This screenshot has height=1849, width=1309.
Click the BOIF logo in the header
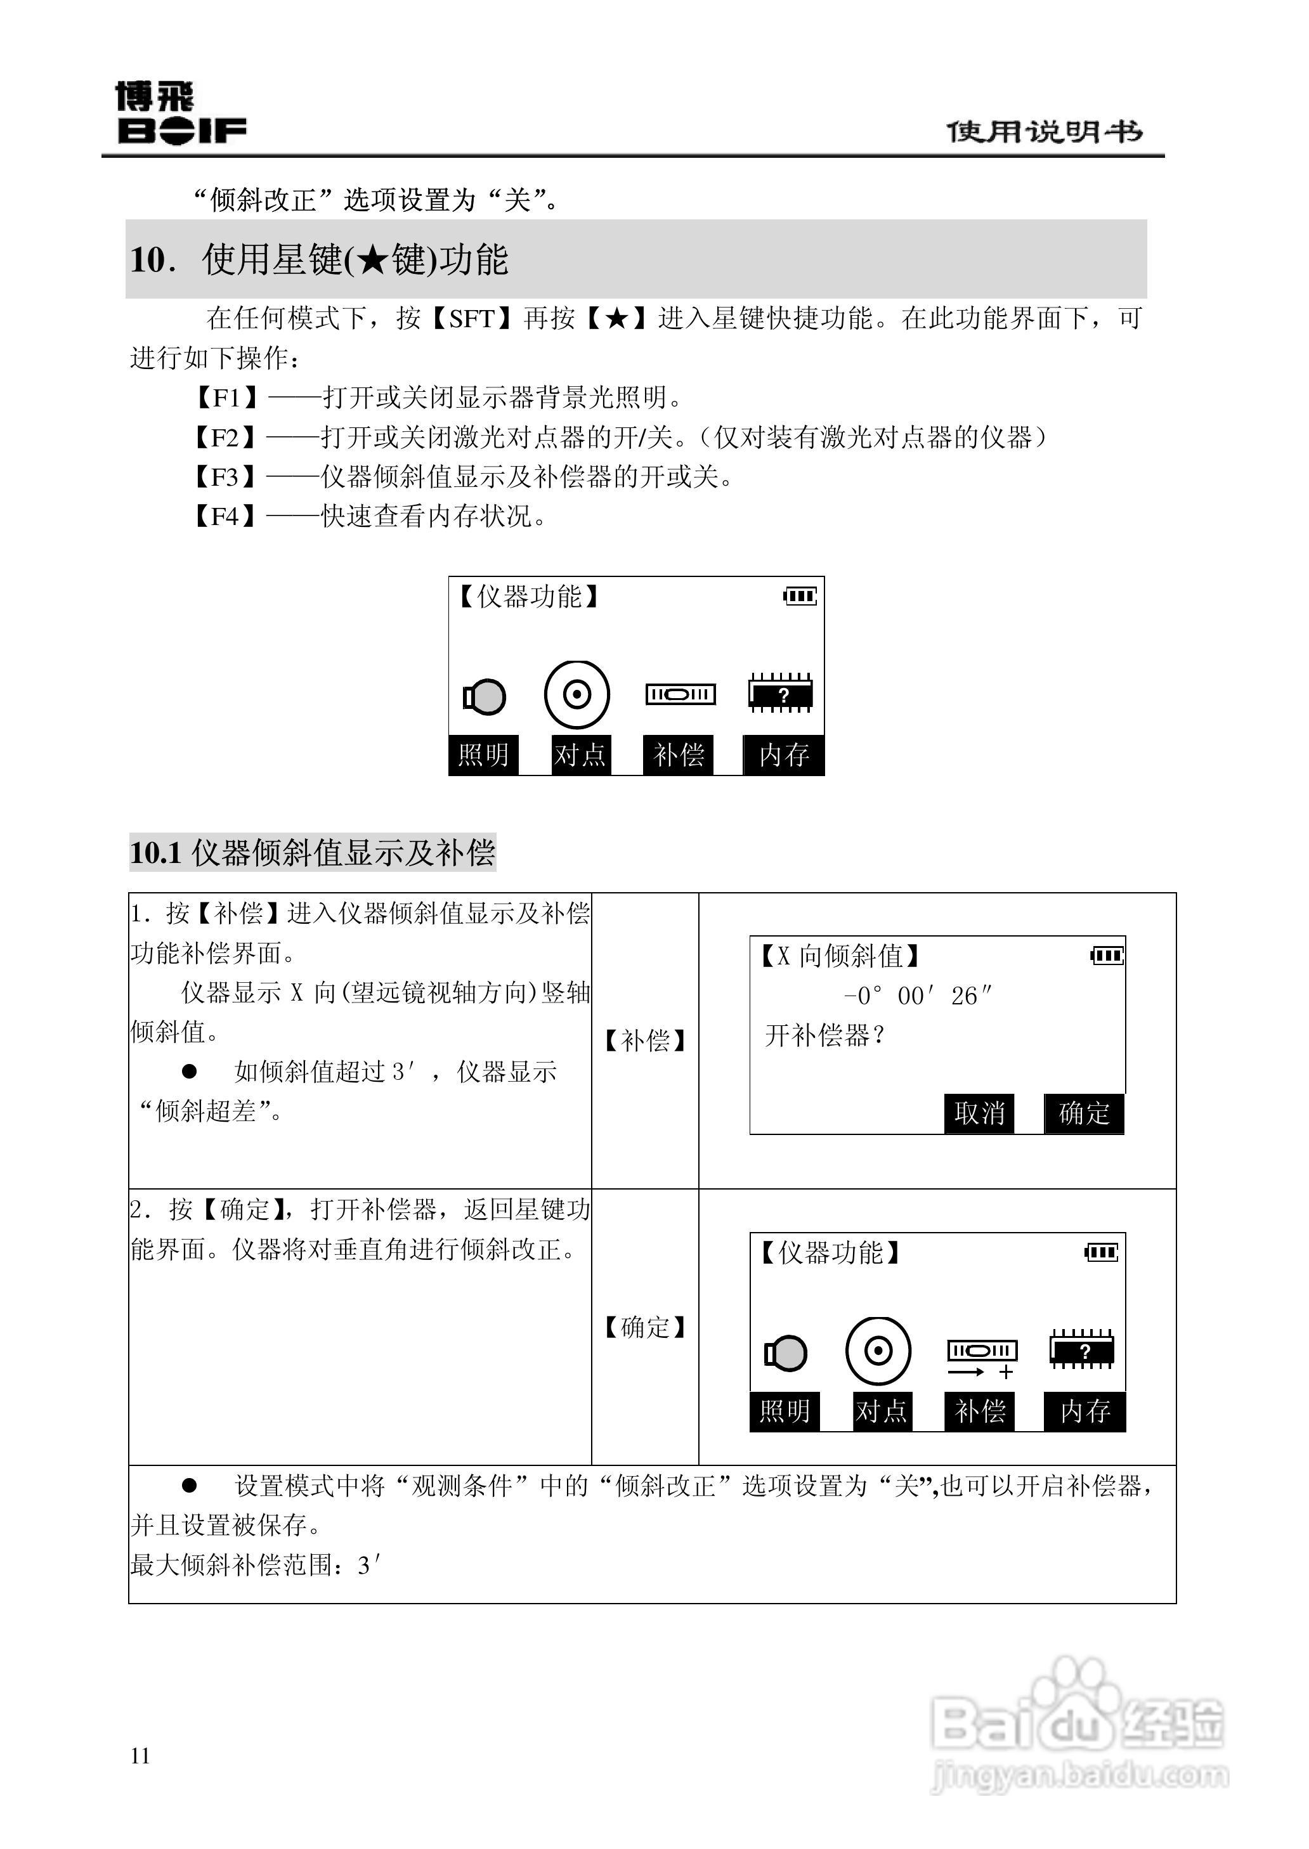pyautogui.click(x=181, y=114)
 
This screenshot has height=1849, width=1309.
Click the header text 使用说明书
pyautogui.click(x=1044, y=131)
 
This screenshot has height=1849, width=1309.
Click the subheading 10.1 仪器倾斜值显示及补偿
pyautogui.click(x=312, y=852)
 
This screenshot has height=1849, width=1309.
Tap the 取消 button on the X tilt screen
pyautogui.click(x=979, y=1113)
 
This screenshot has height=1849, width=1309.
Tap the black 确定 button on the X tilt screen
pyautogui.click(x=1084, y=1113)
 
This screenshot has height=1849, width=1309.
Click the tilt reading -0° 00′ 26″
pyautogui.click(x=917, y=997)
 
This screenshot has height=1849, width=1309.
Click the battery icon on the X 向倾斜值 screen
pyautogui.click(x=1107, y=956)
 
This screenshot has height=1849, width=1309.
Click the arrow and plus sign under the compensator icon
pyautogui.click(x=980, y=1372)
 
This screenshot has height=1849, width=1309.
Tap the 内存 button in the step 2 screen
pyautogui.click(x=1085, y=1411)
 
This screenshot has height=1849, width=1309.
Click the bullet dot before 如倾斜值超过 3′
pyautogui.click(x=190, y=1071)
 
